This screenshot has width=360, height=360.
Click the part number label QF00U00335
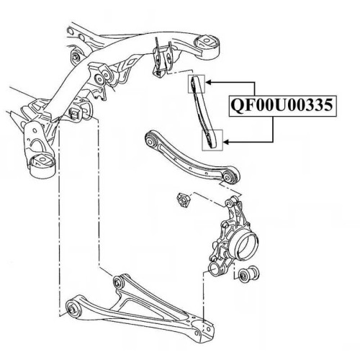click(x=282, y=106)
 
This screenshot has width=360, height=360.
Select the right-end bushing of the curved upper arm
click(x=228, y=176)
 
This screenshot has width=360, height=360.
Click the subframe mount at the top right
click(x=207, y=48)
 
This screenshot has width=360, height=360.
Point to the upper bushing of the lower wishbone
click(x=120, y=281)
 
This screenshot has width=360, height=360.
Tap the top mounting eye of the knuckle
click(x=231, y=202)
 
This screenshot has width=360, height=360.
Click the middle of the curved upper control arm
click(x=190, y=161)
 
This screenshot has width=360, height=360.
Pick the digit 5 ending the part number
click(x=328, y=106)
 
